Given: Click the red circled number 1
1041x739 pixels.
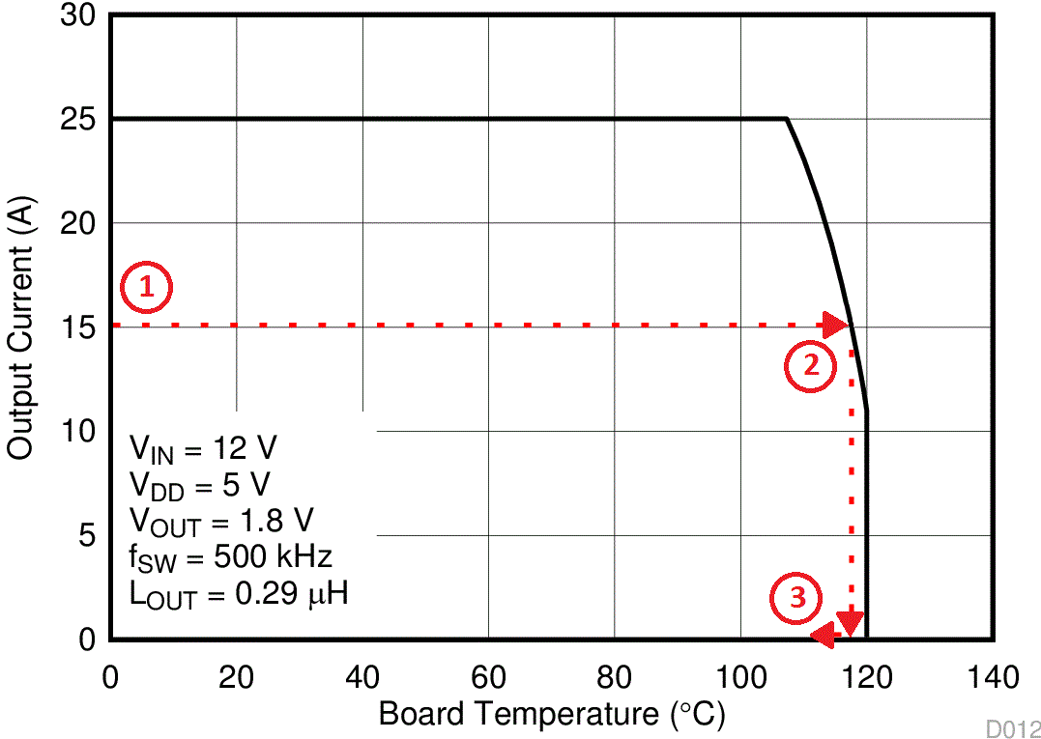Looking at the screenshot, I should click(x=146, y=287).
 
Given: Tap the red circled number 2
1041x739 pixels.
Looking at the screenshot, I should click(x=809, y=365).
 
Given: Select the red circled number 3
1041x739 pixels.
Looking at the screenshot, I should click(x=796, y=597).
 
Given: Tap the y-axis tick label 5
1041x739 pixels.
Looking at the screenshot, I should click(x=87, y=535).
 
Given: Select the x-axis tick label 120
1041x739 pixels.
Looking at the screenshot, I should click(x=866, y=677).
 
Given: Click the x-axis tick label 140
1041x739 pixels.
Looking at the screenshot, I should click(x=992, y=677).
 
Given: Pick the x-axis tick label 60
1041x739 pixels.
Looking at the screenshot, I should click(x=488, y=677).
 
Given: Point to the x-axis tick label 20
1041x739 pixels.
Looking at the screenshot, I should click(x=236, y=677).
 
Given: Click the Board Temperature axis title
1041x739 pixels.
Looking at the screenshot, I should click(x=551, y=715).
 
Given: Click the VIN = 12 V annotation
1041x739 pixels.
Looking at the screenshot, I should click(x=204, y=450).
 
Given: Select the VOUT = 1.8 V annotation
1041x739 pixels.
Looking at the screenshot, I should click(x=221, y=523).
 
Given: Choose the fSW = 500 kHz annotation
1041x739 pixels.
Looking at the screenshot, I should click(x=231, y=558).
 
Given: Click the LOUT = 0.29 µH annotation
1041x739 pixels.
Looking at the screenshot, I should click(x=239, y=595).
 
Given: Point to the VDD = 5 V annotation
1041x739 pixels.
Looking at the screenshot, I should click(x=199, y=486).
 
